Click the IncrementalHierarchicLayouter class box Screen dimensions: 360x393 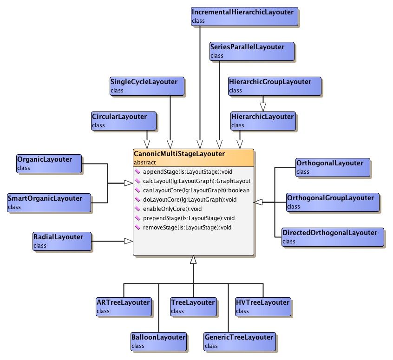click(245, 16)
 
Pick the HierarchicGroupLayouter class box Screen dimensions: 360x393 click(275, 85)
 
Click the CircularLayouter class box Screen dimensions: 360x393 click(123, 120)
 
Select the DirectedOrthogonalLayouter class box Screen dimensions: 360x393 click(333, 236)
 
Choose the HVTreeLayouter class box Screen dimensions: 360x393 click(263, 306)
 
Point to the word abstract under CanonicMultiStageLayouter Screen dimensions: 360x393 click(144, 163)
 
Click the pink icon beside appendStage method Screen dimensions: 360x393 click(137, 172)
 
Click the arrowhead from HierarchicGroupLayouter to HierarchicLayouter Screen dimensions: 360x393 click(263, 106)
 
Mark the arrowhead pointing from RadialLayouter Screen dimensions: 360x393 click(128, 241)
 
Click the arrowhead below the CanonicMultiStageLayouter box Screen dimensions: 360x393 click(193, 261)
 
